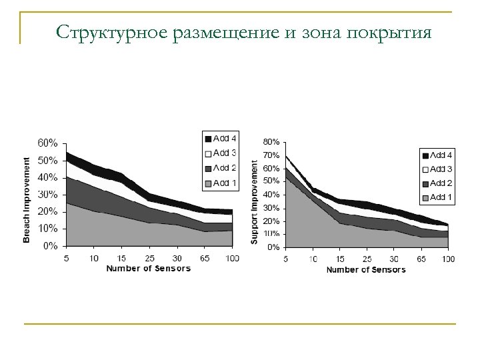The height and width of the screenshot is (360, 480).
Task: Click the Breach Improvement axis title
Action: click(27, 200)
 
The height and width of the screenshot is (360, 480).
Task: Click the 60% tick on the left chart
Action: click(47, 143)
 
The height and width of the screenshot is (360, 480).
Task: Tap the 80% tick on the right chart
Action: click(271, 142)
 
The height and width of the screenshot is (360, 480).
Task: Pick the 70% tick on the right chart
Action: click(271, 155)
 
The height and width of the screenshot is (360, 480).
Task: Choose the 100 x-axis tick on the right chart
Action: click(449, 259)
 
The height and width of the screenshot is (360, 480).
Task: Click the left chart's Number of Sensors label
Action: click(148, 269)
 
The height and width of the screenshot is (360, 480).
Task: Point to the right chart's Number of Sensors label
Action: click(365, 270)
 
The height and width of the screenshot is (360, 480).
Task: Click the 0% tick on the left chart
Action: click(49, 246)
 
